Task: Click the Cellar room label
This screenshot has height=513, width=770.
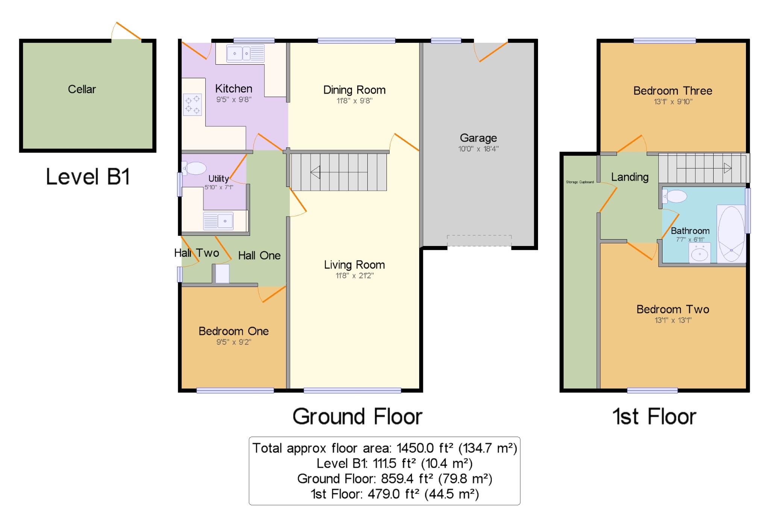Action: [x=82, y=89]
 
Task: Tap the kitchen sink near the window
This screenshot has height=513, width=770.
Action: [x=245, y=53]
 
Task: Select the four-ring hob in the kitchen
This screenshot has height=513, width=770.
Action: [x=192, y=105]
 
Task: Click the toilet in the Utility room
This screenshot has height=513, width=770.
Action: [x=194, y=168]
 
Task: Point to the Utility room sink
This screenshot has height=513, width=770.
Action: [x=218, y=221]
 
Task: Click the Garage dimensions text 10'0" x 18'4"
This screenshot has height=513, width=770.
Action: [x=478, y=149]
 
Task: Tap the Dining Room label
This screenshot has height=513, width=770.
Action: [x=354, y=90]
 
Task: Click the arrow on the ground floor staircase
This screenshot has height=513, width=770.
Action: [x=339, y=172]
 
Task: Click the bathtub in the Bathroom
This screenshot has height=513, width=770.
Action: [x=731, y=234]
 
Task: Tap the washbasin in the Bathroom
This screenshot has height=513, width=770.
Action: [x=700, y=253]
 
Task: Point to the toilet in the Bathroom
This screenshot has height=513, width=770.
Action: [x=675, y=196]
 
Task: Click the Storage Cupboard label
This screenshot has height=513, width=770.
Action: [x=580, y=182]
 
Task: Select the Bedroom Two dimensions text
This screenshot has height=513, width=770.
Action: [x=673, y=320]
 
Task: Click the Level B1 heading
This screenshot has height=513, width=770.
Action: [x=88, y=176]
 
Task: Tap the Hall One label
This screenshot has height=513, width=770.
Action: [x=259, y=256]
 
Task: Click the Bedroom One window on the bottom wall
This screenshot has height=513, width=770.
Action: [x=235, y=390]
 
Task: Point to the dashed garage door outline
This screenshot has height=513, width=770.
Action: [x=479, y=241]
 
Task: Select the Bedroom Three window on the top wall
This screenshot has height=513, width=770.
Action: [x=664, y=41]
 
